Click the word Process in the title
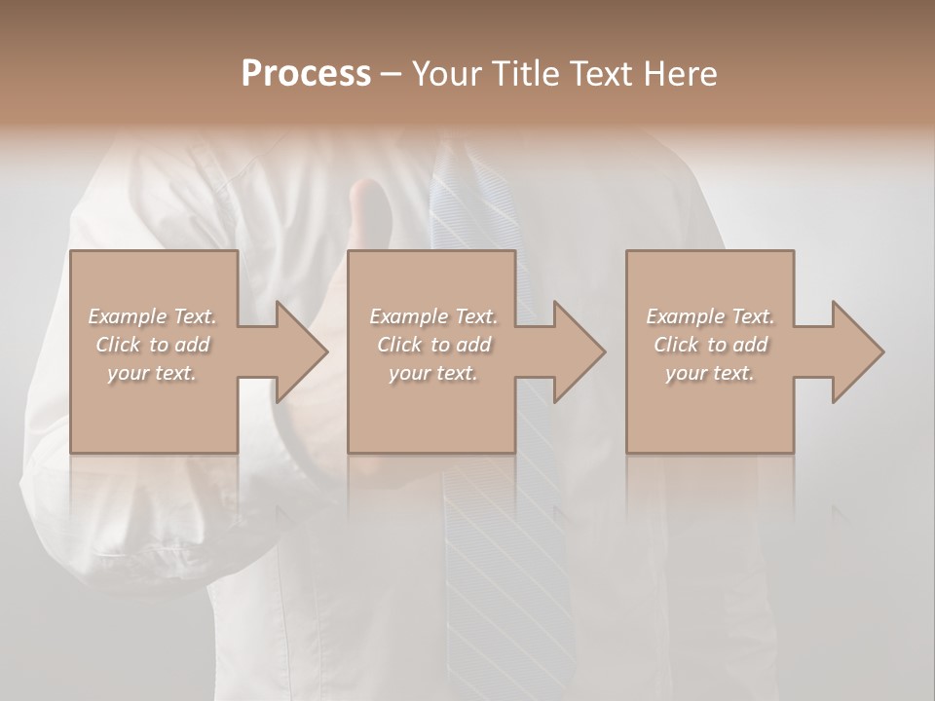tap(306, 74)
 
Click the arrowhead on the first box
tap(298, 351)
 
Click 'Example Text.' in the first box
tap(152, 316)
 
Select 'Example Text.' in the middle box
tap(432, 316)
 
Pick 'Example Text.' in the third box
tap(710, 316)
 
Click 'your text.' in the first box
tap(152, 373)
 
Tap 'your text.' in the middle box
tap(432, 373)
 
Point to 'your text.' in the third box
tap(710, 373)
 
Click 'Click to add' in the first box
tap(152, 345)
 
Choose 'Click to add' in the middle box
tap(432, 345)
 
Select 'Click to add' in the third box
tap(710, 345)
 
